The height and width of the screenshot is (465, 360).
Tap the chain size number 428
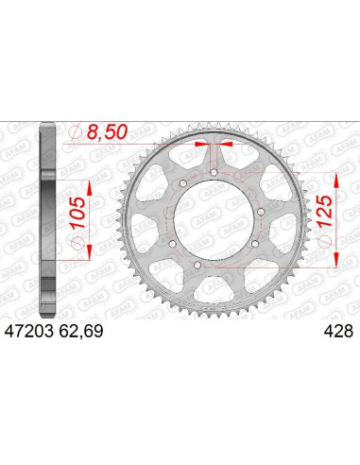tap(336, 332)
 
